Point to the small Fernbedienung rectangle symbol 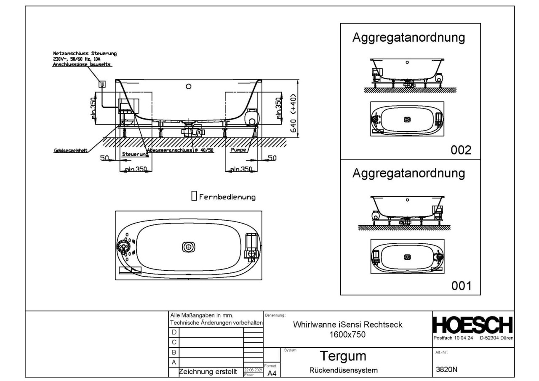pyautogui.click(x=194, y=196)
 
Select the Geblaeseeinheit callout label pyautogui.click(x=70, y=151)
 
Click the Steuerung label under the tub pyautogui.click(x=135, y=155)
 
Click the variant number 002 pyautogui.click(x=461, y=150)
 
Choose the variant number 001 pyautogui.click(x=461, y=286)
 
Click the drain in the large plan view pyautogui.click(x=188, y=247)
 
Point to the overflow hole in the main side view pyautogui.click(x=189, y=88)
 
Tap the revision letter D pyautogui.click(x=175, y=332)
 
